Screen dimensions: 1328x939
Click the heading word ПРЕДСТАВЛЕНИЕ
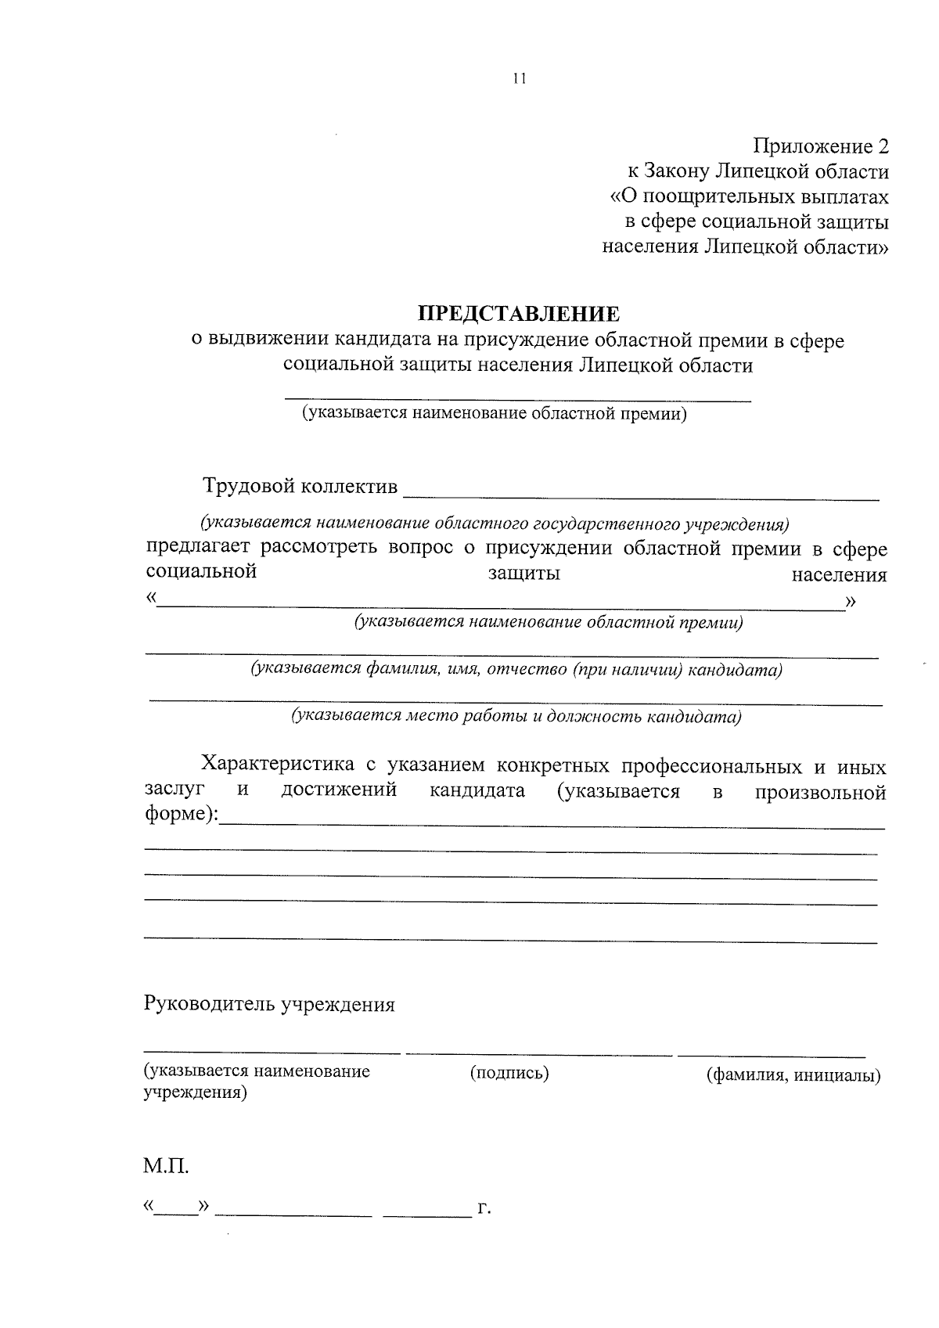(520, 315)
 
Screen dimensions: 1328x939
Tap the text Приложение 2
(821, 146)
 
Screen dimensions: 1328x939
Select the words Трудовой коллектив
(300, 486)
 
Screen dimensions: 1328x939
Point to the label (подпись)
(509, 1073)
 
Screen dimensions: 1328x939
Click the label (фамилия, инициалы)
(793, 1075)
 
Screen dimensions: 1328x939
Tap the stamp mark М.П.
(166, 1167)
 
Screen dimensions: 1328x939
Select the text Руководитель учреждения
(268, 1004)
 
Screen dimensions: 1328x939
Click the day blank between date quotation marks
(176, 1212)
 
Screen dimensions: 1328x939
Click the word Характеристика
(279, 764)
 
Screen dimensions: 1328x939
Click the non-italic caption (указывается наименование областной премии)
(495, 413)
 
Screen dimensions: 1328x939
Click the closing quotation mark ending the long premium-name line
(851, 601)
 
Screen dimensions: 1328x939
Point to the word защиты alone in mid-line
(524, 574)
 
